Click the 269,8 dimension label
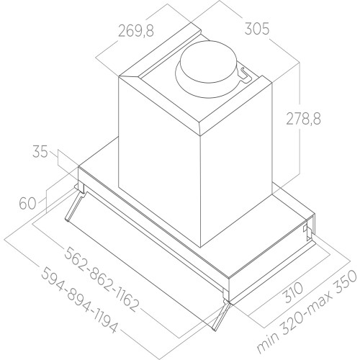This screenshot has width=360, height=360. tap(136, 31)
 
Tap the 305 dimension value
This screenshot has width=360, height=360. tap(257, 29)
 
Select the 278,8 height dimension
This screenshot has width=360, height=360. tap(303, 119)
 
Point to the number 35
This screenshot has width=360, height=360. tap(40, 152)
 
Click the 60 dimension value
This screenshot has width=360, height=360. tap(27, 204)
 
